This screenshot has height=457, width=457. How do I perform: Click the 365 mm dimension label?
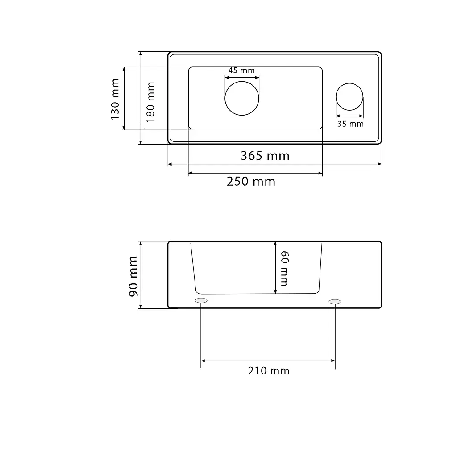point(265,156)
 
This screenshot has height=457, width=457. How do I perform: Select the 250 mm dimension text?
point(251,182)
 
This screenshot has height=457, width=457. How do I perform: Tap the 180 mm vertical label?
point(150,102)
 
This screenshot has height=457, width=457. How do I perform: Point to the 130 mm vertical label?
point(115,99)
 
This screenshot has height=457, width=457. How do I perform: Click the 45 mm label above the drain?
point(241,71)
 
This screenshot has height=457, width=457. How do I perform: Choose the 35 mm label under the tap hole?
point(350,124)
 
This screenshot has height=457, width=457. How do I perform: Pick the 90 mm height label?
point(133,276)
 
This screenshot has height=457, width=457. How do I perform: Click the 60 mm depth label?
point(284,268)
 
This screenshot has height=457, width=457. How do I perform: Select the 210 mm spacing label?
point(269,371)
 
